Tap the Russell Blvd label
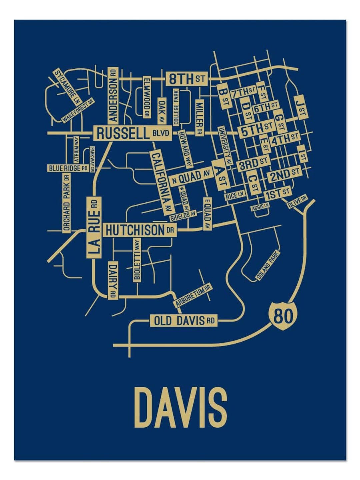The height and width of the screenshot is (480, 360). pyautogui.click(x=132, y=134)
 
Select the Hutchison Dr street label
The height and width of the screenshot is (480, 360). pyautogui.click(x=139, y=230)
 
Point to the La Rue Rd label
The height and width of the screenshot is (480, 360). pyautogui.click(x=94, y=227)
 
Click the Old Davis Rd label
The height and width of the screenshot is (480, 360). pyautogui.click(x=184, y=321)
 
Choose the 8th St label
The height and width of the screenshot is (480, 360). pyautogui.click(x=186, y=79)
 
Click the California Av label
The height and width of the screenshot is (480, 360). pyautogui.click(x=162, y=182)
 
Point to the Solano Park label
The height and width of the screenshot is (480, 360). pyautogui.click(x=268, y=265)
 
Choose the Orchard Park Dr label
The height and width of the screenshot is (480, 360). pyautogui.click(x=66, y=203)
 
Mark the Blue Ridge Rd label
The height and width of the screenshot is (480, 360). pyautogui.click(x=68, y=168)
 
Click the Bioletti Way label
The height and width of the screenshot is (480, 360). pyautogui.click(x=137, y=260)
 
